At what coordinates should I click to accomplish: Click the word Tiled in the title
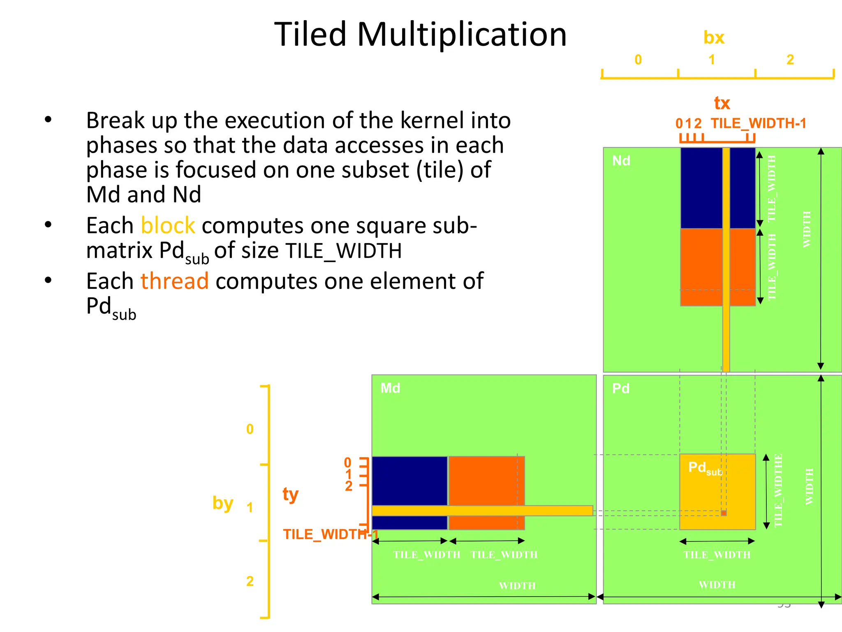click(310, 35)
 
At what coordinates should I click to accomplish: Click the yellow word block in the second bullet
click(168, 225)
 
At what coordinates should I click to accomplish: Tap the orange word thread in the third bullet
click(174, 281)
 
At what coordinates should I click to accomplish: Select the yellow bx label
click(714, 38)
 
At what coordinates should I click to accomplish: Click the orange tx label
click(722, 103)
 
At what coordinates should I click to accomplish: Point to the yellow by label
click(222, 503)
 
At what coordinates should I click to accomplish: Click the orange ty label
click(290, 494)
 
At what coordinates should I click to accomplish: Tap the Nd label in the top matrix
click(621, 160)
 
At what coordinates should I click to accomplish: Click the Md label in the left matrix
click(390, 388)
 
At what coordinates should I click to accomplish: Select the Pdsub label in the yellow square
click(705, 468)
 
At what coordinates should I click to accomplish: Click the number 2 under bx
click(790, 60)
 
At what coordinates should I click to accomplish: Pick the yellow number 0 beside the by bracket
click(250, 430)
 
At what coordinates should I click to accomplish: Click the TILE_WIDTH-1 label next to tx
click(759, 123)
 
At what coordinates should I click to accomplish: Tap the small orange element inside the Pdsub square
click(724, 513)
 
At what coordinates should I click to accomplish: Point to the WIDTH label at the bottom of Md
click(517, 586)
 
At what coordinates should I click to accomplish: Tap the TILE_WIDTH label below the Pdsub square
click(717, 555)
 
